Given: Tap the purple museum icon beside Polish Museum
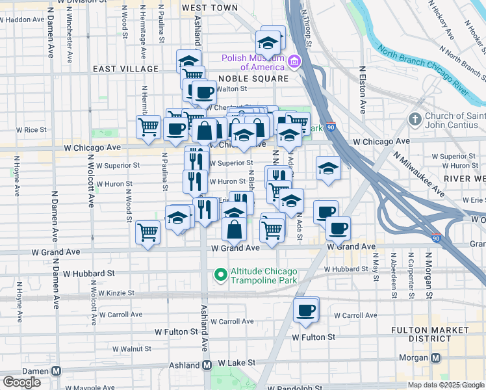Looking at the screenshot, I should click(x=294, y=62).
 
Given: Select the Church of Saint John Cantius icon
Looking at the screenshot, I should click(x=415, y=120).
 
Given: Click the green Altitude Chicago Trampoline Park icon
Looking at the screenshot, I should click(x=220, y=276).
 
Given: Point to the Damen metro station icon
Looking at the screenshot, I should click(x=57, y=370).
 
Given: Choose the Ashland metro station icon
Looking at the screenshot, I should click(x=207, y=365).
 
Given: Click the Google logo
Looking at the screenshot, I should click(x=21, y=382).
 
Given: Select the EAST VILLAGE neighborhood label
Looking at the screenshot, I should click(x=125, y=69).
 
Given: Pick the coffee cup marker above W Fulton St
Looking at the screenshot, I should click(x=305, y=310).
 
